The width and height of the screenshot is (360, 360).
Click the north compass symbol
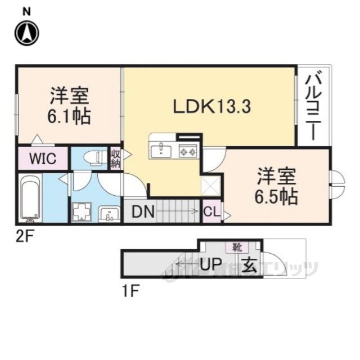(26, 33)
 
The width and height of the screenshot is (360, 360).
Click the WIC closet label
(42, 158)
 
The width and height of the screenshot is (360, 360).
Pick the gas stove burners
(187, 150)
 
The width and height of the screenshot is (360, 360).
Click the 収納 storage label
(115, 157)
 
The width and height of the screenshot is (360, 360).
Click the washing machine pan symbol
(82, 213)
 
